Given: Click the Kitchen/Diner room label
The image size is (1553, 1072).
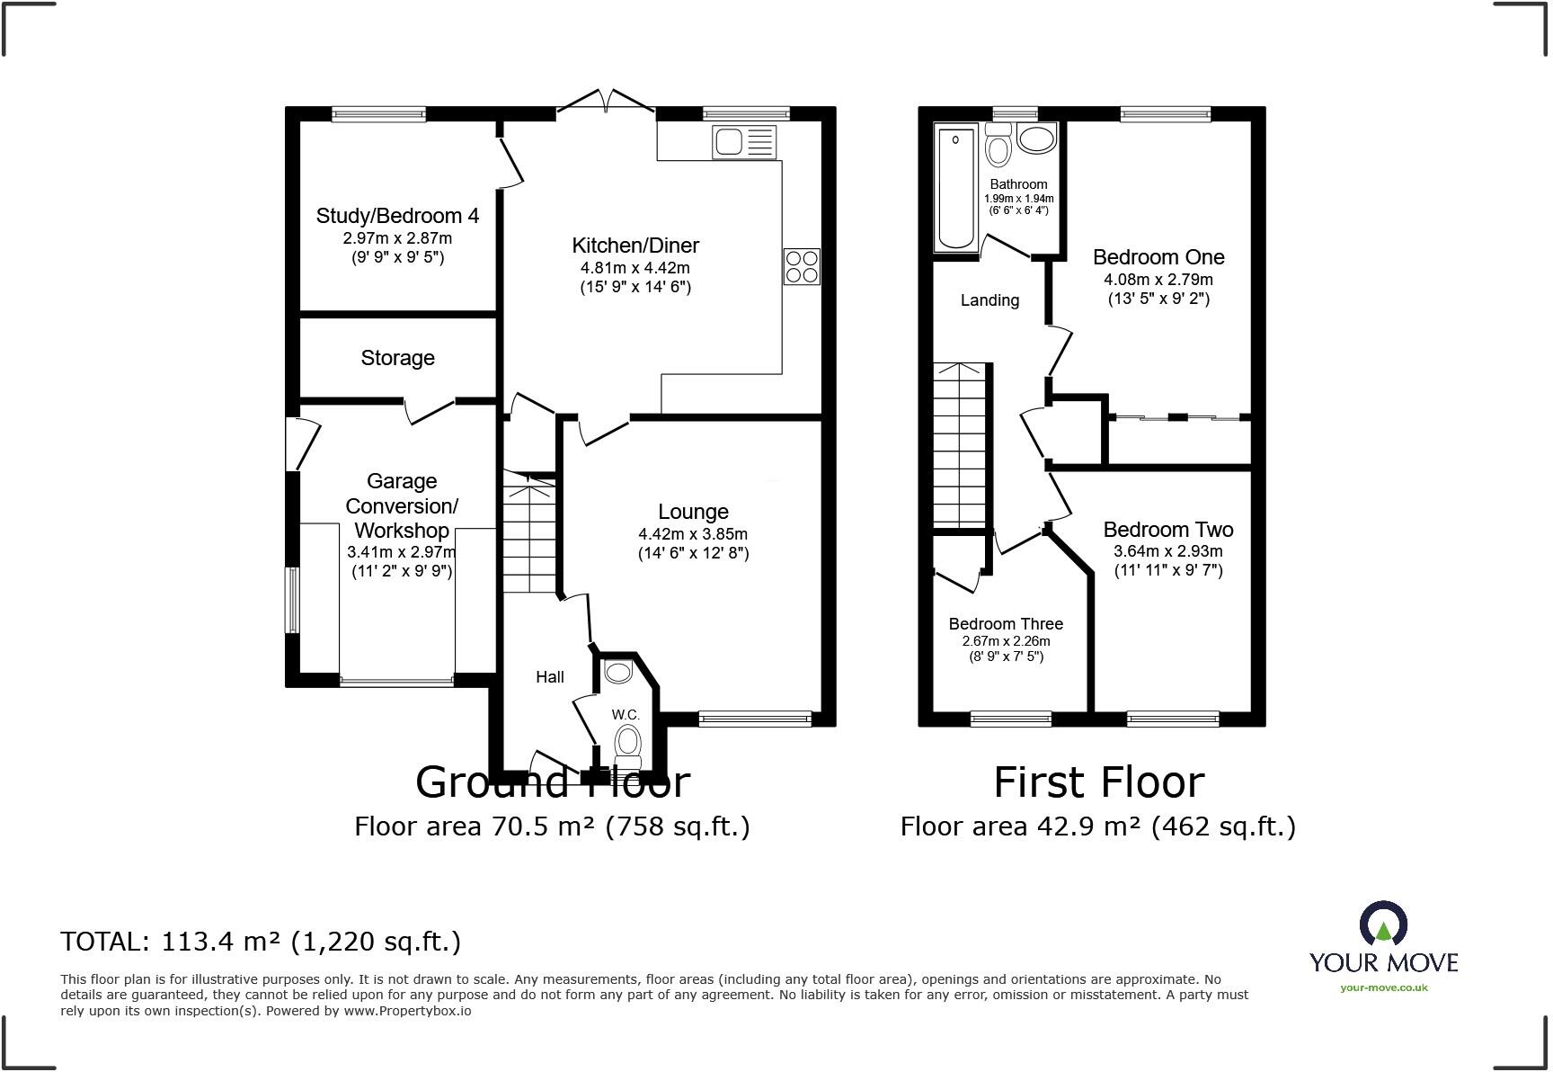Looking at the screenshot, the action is pyautogui.click(x=635, y=246).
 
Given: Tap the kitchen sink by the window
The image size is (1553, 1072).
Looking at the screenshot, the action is pyautogui.click(x=743, y=142).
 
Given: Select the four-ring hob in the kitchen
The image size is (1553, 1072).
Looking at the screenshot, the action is pyautogui.click(x=802, y=266).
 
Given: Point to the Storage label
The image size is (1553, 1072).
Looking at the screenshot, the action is pyautogui.click(x=397, y=358).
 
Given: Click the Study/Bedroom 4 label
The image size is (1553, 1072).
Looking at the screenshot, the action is pyautogui.click(x=397, y=216).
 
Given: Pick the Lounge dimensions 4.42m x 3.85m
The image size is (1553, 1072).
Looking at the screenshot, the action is pyautogui.click(x=693, y=533).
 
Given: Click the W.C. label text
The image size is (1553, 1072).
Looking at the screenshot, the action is pyautogui.click(x=626, y=715).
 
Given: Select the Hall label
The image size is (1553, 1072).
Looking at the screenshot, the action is pyautogui.click(x=550, y=677).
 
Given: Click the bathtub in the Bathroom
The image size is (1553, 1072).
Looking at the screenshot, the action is pyautogui.click(x=955, y=187).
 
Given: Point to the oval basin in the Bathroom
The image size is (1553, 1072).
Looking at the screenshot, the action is pyautogui.click(x=1037, y=140).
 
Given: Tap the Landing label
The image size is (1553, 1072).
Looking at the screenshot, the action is pyautogui.click(x=989, y=300).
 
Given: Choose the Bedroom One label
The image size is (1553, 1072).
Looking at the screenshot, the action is pyautogui.click(x=1158, y=257).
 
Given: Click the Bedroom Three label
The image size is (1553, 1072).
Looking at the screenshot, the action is pyautogui.click(x=1006, y=624).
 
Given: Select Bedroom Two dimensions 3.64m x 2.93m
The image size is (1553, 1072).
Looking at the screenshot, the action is pyautogui.click(x=1168, y=551).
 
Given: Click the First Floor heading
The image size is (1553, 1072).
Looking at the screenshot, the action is pyautogui.click(x=1098, y=782).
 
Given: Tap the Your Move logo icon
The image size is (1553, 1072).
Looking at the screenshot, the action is pyautogui.click(x=1383, y=925).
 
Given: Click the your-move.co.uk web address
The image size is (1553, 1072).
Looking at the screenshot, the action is pyautogui.click(x=1384, y=987).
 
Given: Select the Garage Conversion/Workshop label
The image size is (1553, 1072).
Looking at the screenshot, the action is pyautogui.click(x=402, y=505).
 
